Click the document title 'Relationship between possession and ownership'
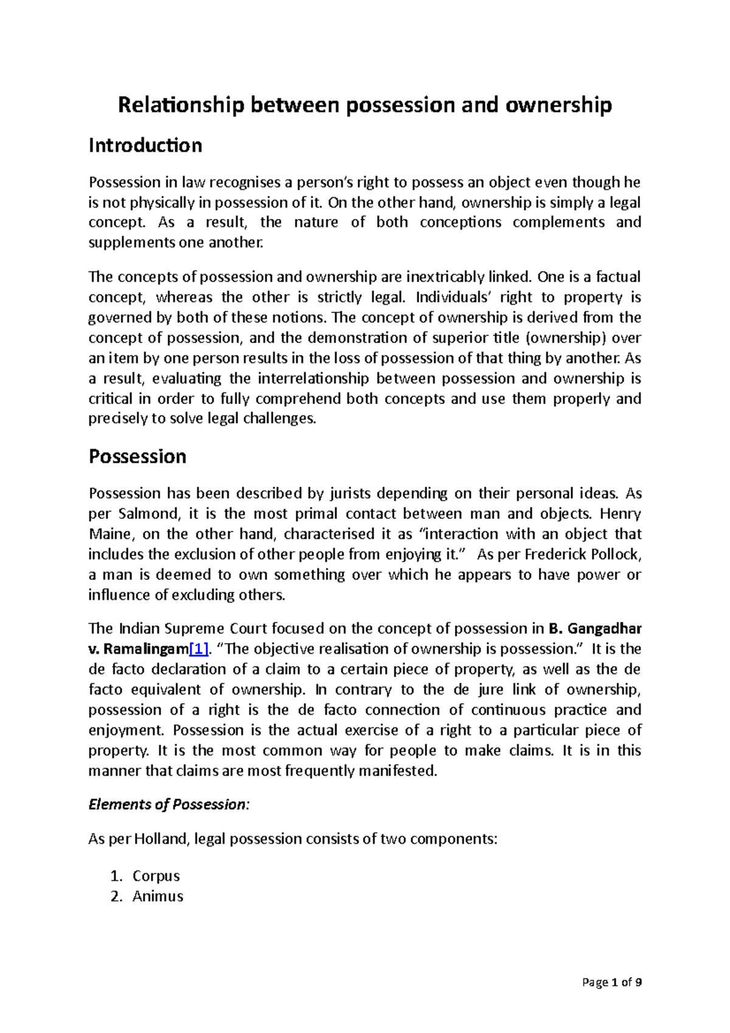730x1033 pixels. click(x=364, y=105)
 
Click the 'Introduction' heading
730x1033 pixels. click(x=145, y=145)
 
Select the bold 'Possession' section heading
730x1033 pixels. click(x=137, y=456)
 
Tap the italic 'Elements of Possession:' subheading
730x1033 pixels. click(x=169, y=804)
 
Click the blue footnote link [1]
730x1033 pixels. click(x=199, y=649)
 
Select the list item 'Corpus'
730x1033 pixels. click(x=156, y=876)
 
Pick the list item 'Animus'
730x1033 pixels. click(x=158, y=896)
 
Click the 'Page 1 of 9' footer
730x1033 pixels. click(x=611, y=982)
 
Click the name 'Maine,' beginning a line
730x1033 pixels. click(x=111, y=534)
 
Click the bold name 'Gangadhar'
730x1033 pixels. click(x=604, y=628)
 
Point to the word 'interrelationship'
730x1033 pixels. click(x=313, y=378)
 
